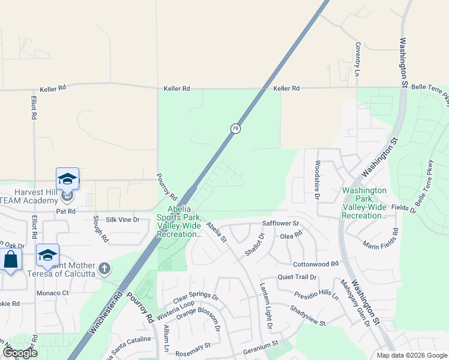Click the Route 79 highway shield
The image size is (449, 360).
pos(235,128)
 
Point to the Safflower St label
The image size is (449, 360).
pos(280,223)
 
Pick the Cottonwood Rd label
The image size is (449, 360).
pos(316,264)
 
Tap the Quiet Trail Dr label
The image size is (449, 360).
pos(297,277)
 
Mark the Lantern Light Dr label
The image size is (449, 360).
pos(265,306)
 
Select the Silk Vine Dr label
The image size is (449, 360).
pos(122,220)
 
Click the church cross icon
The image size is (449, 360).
pos(104,268)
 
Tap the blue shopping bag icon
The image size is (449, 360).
pos(11,260)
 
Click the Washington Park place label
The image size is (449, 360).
pos(364,203)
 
